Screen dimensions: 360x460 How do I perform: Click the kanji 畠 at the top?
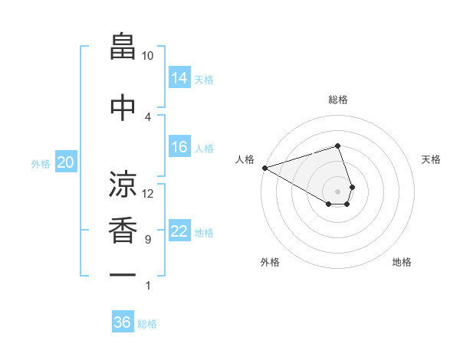(x=123, y=47)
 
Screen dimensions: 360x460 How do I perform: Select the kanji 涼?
(x=123, y=185)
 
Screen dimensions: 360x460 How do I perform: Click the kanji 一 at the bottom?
(x=123, y=274)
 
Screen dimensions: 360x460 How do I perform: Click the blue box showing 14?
(x=179, y=77)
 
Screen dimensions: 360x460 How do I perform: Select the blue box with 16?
(x=179, y=147)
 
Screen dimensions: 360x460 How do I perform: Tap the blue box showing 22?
(x=179, y=231)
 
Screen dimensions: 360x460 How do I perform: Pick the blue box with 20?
(x=66, y=162)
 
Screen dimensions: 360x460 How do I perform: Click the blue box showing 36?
(x=123, y=322)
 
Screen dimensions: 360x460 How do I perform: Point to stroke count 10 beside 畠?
(x=148, y=56)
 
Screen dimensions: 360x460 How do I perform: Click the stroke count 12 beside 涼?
(x=148, y=193)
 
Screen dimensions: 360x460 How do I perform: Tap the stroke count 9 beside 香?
(x=148, y=240)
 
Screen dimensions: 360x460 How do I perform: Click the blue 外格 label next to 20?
(x=41, y=163)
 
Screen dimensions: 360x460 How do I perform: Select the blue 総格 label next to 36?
(x=147, y=324)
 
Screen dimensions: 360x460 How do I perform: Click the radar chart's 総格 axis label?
(x=337, y=100)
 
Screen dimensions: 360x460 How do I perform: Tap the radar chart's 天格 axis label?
(x=432, y=159)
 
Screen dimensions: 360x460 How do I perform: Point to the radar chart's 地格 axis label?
(x=402, y=262)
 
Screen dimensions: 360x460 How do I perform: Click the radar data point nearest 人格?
(x=264, y=167)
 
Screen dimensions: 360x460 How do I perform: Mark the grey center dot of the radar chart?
(x=337, y=191)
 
